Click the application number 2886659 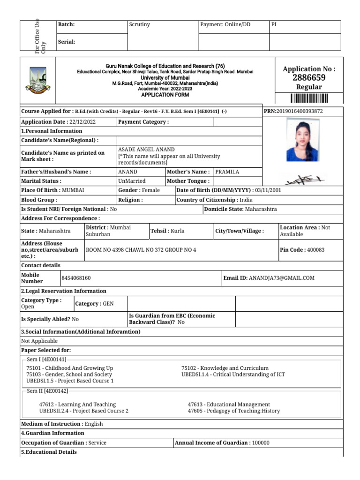click(x=309, y=78)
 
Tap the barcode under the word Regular click(x=309, y=98)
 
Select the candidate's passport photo click(x=303, y=140)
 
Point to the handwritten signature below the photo click(x=303, y=179)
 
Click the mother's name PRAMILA click(x=227, y=172)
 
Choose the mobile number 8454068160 click(x=76, y=278)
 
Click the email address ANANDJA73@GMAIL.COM click(x=282, y=278)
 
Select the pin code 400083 click(x=315, y=250)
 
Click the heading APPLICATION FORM click(x=165, y=95)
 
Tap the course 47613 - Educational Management click(x=229, y=404)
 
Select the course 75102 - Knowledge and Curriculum click(x=225, y=368)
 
